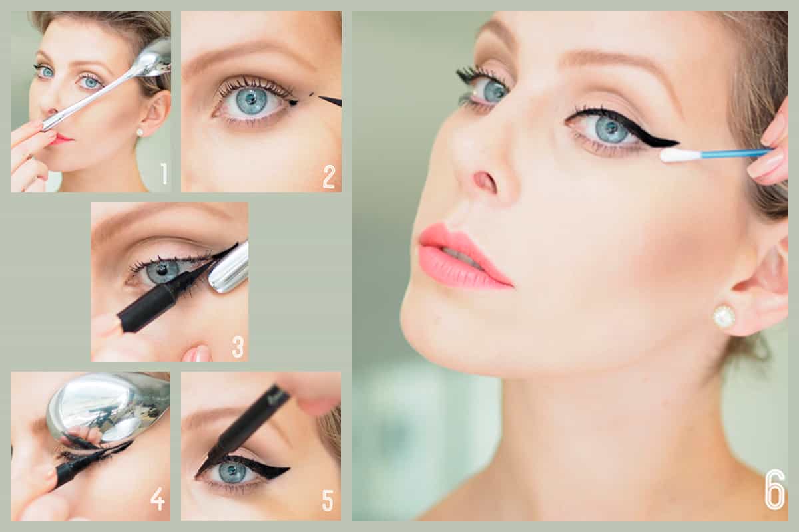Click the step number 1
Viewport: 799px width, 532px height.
(x=164, y=174)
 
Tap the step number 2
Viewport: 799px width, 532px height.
(x=328, y=176)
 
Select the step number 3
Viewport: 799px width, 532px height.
(x=238, y=346)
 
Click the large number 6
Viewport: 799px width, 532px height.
(x=775, y=490)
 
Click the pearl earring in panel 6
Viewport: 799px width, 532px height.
(x=724, y=317)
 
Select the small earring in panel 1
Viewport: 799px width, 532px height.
(x=140, y=132)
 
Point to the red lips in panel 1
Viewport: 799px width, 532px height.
(x=61, y=138)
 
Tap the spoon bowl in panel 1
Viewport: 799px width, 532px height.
(x=157, y=59)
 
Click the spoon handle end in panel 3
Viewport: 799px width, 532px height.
(x=229, y=267)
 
